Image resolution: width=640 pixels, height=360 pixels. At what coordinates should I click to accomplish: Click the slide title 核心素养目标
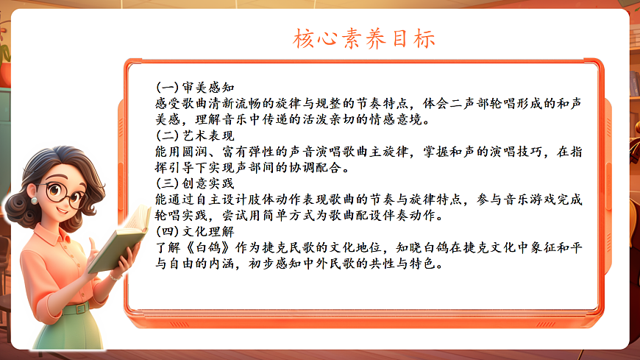[x=364, y=38]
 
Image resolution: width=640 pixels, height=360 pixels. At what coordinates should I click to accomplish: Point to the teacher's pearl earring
[x=34, y=200]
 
